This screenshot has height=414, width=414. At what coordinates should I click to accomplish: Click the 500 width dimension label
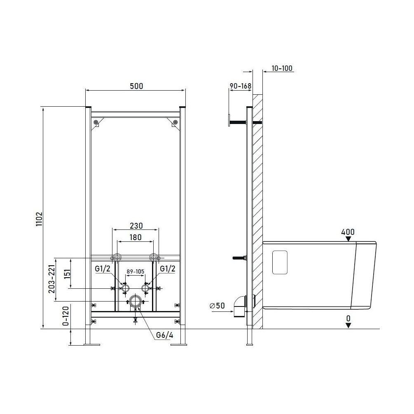pyautogui.click(x=136, y=86)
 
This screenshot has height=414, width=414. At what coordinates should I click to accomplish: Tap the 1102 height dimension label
pyautogui.click(x=40, y=219)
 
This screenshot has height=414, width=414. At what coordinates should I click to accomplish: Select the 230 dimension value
pyautogui.click(x=136, y=226)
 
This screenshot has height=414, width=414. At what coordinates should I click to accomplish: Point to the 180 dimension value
pyautogui.click(x=136, y=237)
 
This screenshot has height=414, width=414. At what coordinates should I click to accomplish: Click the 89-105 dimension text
pyautogui.click(x=136, y=271)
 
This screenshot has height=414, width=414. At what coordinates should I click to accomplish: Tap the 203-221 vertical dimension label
pyautogui.click(x=51, y=279)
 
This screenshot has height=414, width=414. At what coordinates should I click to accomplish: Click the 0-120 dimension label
pyautogui.click(x=66, y=316)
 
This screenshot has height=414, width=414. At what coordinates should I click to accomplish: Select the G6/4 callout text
pyautogui.click(x=164, y=335)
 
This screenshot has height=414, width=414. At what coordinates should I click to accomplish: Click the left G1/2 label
pyautogui.click(x=103, y=269)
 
